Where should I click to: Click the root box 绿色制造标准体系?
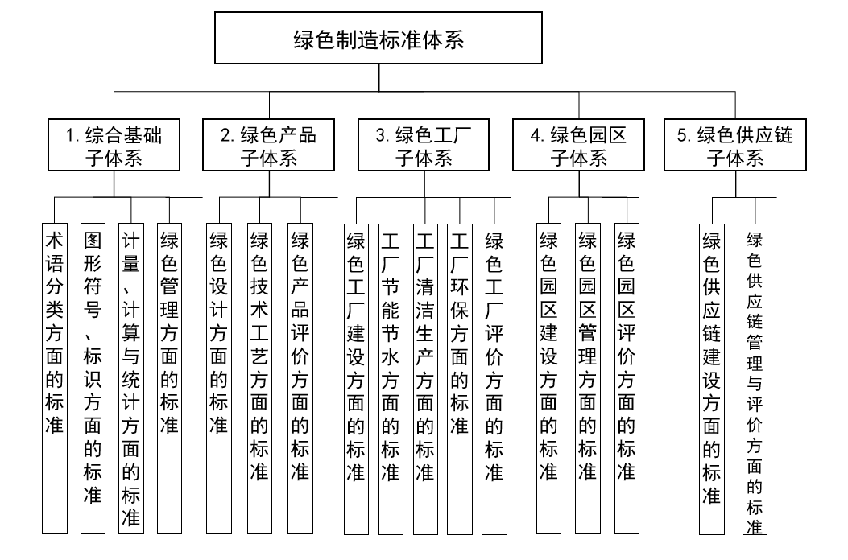coord(378,38)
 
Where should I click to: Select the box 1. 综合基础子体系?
coord(114,145)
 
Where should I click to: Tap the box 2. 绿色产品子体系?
coord(269,145)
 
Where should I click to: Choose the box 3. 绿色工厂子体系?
coord(424,145)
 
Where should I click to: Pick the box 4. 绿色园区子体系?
coord(578,145)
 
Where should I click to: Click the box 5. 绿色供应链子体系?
coord(734,145)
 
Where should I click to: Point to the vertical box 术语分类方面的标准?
coord(54,378)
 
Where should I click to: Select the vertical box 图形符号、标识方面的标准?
coord(93,378)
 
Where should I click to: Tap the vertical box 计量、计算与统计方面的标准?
coord(130,378)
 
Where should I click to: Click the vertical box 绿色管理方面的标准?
coord(169,378)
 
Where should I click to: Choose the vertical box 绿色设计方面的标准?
coord(218,378)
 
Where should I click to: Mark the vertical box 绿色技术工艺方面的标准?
coord(259,378)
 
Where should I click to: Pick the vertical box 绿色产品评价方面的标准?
coord(300,378)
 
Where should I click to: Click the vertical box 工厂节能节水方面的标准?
coord(391,378)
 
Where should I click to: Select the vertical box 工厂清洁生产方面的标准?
coord(425,378)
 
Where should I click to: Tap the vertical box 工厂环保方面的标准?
coord(459,378)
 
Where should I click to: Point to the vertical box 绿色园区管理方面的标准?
coord(588,378)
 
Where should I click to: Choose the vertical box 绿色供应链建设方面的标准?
coord(711,378)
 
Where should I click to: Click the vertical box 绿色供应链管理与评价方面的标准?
coord(755,378)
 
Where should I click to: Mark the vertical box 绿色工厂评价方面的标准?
coord(494,378)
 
